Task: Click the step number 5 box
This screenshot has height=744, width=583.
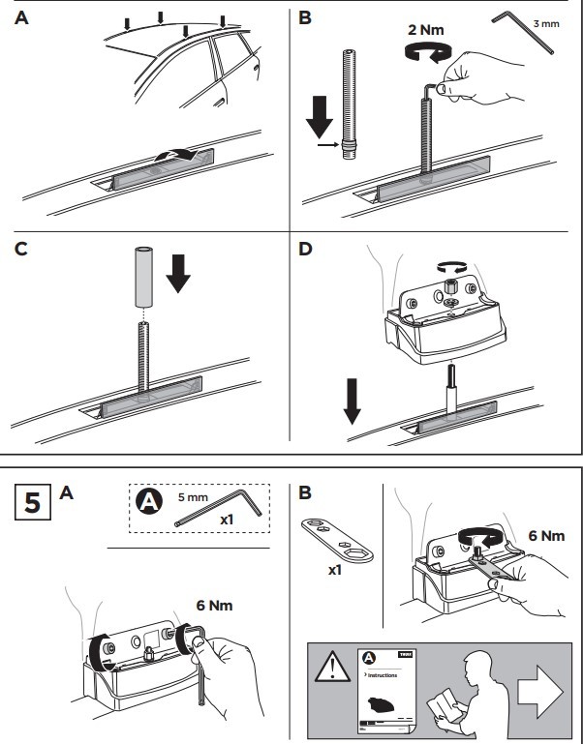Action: [31, 504]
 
